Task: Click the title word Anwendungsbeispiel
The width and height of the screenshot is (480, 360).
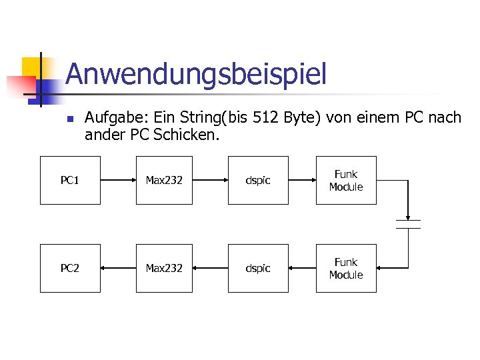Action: click(196, 74)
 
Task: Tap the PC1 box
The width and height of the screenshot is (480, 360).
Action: click(70, 180)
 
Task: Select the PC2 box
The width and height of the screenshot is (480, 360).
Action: click(70, 268)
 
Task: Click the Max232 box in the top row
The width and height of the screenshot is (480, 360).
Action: click(164, 180)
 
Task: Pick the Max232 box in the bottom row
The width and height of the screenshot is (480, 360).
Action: click(164, 268)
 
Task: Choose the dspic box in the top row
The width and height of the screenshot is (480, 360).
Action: click(258, 180)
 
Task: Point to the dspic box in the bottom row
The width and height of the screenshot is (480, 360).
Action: click(258, 268)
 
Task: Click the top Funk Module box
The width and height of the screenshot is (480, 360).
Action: click(346, 180)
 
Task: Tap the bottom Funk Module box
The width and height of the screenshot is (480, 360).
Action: click(346, 268)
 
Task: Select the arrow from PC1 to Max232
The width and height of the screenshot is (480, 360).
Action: click(118, 180)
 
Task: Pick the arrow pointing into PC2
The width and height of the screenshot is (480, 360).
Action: click(118, 268)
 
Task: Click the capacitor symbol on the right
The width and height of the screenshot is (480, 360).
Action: click(408, 223)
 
